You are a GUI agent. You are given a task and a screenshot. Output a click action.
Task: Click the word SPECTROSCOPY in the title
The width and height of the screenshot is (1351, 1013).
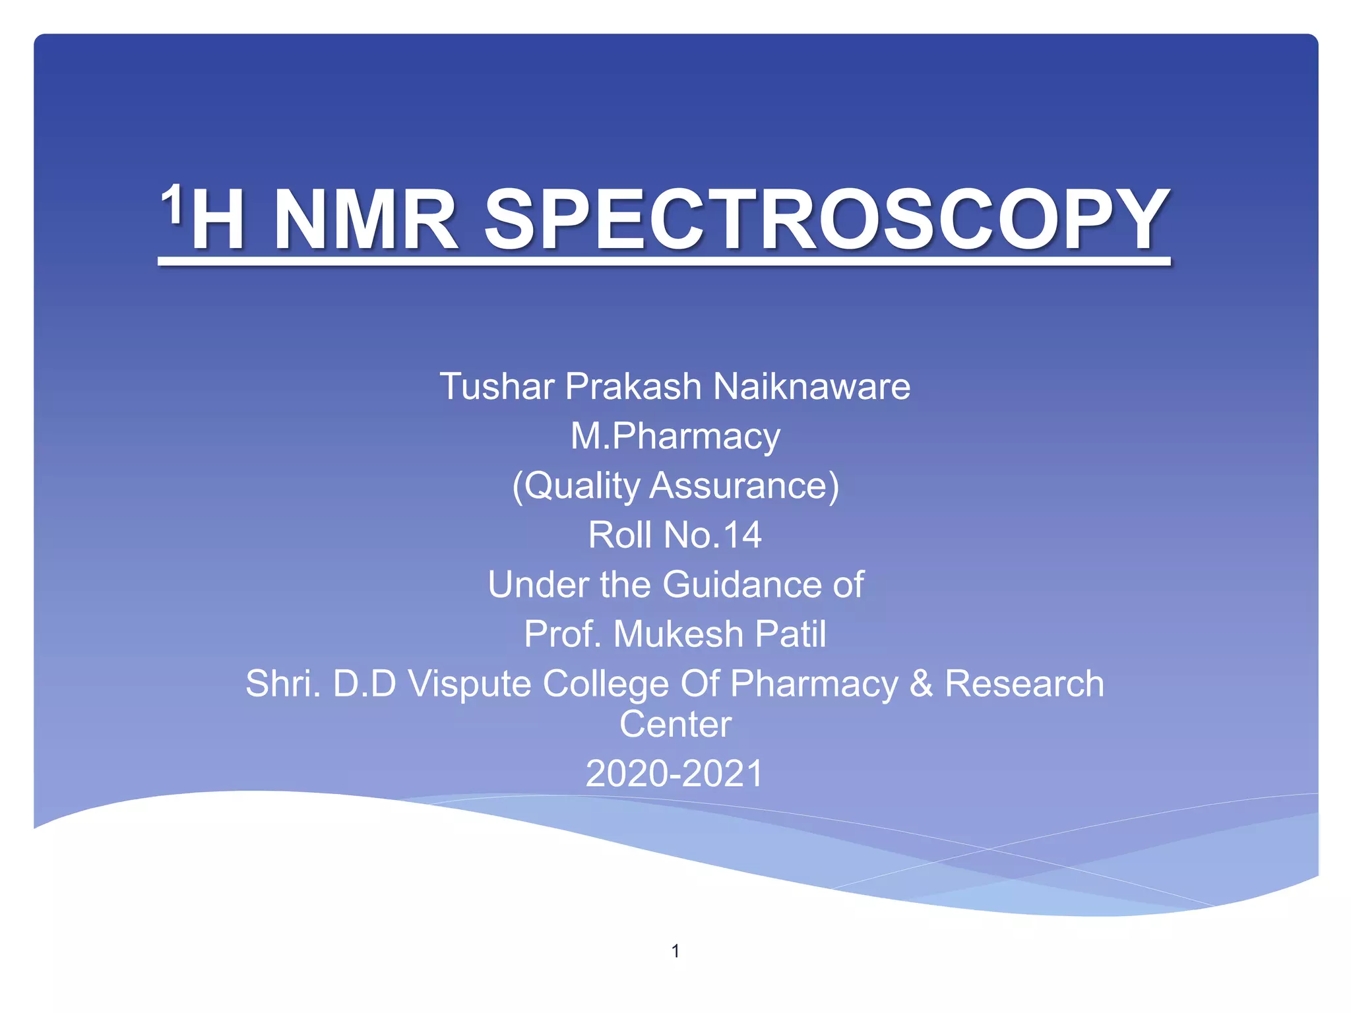tap(827, 219)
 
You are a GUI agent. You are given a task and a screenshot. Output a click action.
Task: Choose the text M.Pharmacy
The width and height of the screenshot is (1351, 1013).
tap(675, 436)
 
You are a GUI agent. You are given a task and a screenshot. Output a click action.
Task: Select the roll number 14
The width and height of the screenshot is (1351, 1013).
tap(742, 535)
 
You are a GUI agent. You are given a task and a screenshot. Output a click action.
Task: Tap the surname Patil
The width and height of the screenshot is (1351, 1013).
tap(790, 634)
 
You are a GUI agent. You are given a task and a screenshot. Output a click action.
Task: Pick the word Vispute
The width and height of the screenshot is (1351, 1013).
tap(469, 684)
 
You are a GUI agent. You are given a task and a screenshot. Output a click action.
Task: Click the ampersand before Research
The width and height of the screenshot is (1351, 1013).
tap(921, 683)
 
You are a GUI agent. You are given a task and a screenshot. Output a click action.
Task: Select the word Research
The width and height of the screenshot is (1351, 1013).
tap(1024, 683)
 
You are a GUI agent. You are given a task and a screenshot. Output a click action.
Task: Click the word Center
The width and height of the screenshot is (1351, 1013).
tap(675, 724)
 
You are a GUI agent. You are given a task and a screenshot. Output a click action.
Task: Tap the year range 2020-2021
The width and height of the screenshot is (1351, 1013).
tap(674, 774)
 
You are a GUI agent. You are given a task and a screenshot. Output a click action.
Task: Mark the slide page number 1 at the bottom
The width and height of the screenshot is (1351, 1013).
tap(675, 950)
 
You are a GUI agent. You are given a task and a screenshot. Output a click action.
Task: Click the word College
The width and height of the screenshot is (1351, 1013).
tap(606, 684)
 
